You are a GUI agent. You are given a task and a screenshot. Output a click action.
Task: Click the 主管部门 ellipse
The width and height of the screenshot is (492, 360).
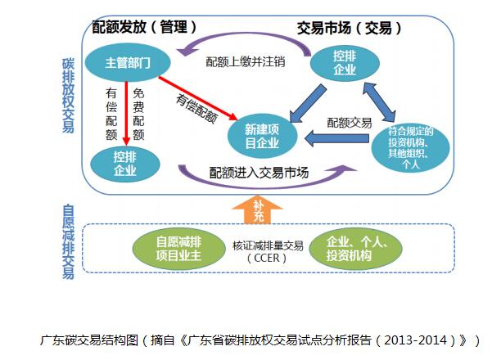click(127, 63)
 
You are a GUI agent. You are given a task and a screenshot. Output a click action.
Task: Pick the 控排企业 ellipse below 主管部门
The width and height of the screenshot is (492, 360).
click(124, 162)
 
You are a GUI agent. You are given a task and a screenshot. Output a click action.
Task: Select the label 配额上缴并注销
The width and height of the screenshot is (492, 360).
click(246, 61)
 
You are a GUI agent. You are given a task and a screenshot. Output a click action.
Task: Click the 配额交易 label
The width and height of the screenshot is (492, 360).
click(350, 122)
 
